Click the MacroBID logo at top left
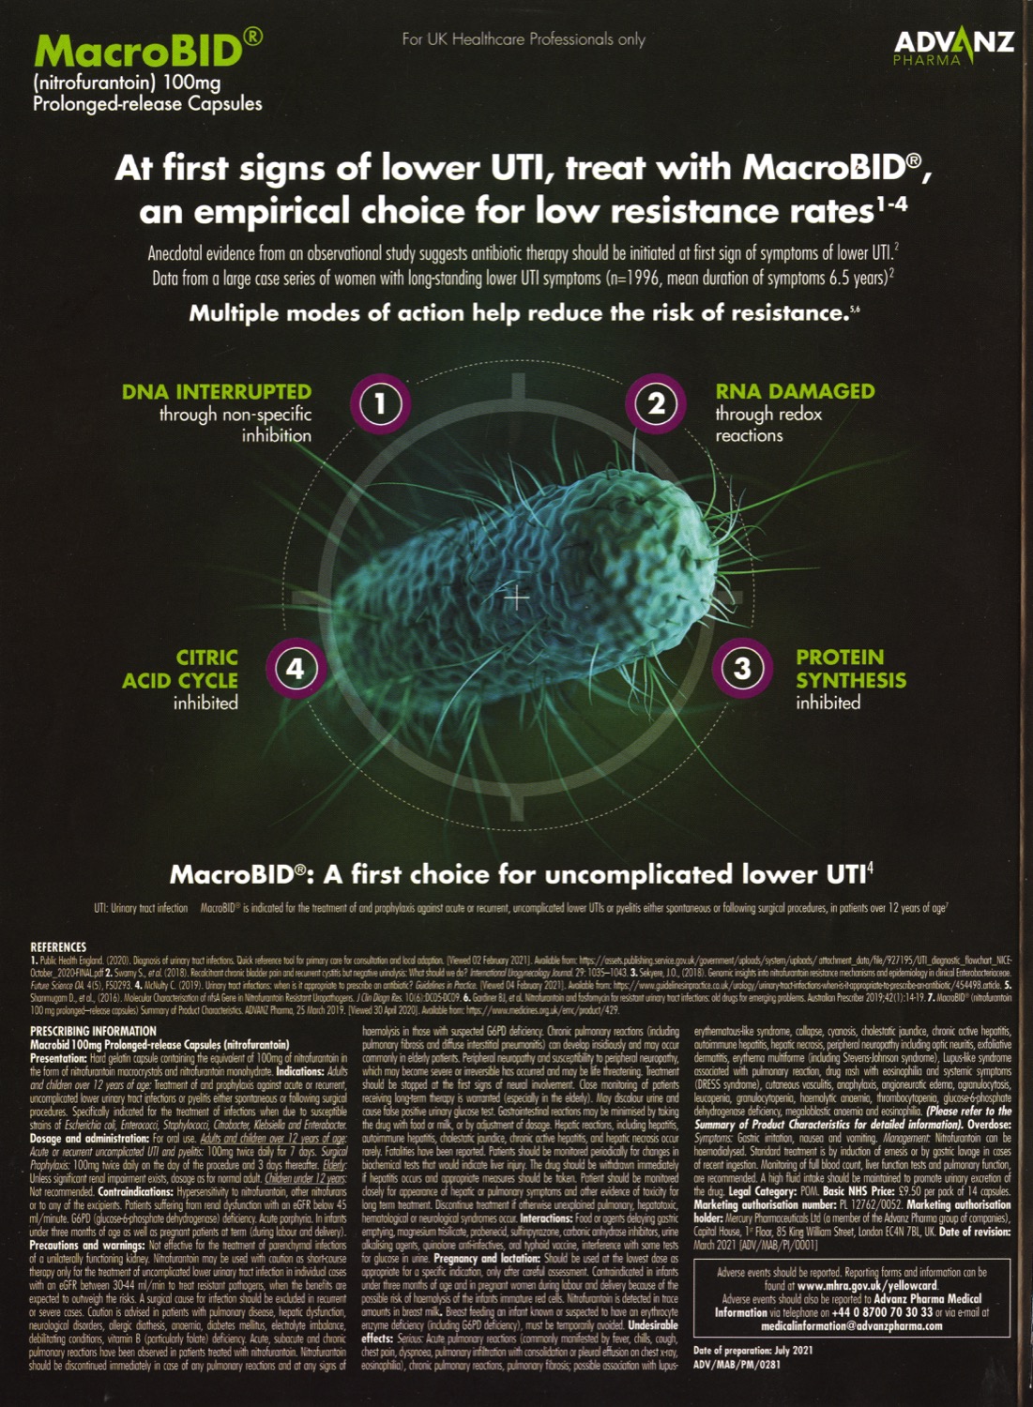tap(139, 51)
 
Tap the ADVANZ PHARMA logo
tap(953, 47)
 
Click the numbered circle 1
tap(379, 404)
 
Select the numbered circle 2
tap(655, 404)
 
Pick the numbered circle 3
tap(742, 669)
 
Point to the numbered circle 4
tap(295, 669)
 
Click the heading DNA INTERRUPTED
tap(217, 392)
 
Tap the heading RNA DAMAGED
tap(795, 391)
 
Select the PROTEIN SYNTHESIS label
tap(850, 669)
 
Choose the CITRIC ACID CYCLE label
tap(181, 669)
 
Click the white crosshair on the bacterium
tap(517, 597)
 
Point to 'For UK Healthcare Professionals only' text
tap(524, 39)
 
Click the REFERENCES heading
tap(58, 947)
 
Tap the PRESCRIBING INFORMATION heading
tap(93, 1031)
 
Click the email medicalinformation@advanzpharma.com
tap(851, 1325)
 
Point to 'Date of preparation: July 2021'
tap(752, 1351)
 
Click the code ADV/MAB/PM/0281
tap(737, 1364)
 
